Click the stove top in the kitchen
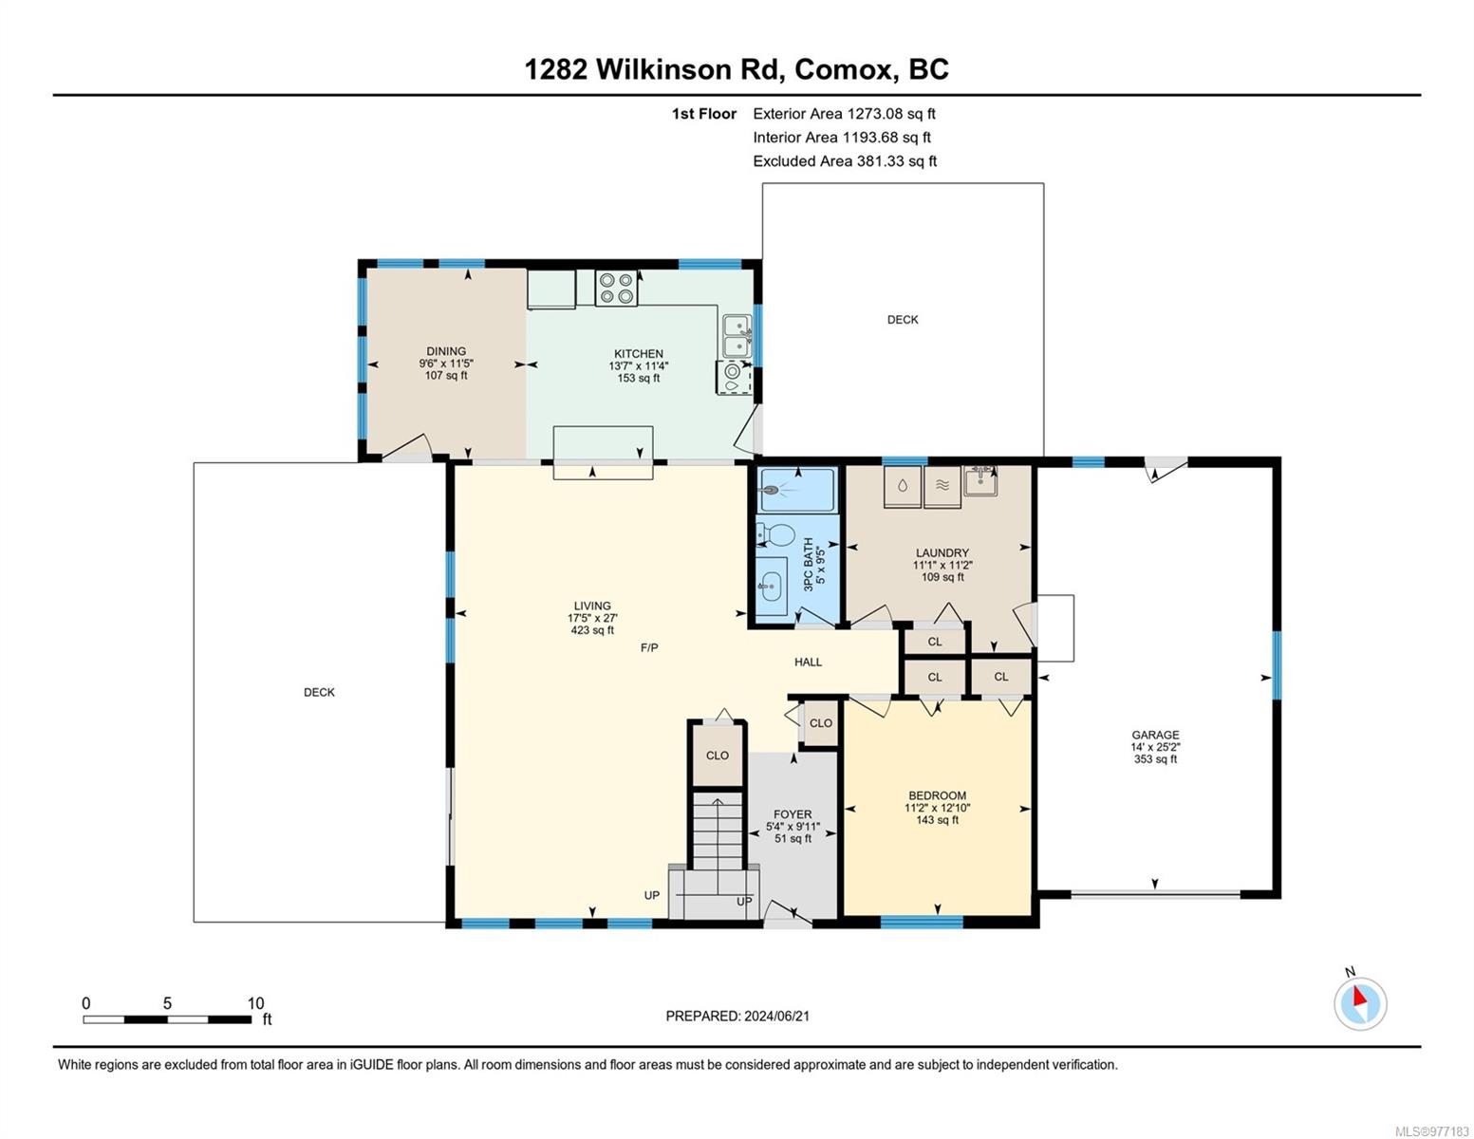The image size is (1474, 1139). [617, 288]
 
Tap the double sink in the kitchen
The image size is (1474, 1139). [737, 336]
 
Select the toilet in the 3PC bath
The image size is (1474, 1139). [775, 534]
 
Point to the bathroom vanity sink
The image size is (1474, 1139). [772, 587]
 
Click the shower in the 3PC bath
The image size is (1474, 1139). [796, 489]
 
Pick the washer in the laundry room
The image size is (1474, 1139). [903, 486]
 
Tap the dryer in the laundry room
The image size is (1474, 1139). [942, 486]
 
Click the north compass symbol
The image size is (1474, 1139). [1359, 1003]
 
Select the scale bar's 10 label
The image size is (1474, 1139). [255, 1002]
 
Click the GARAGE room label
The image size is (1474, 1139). [1155, 735]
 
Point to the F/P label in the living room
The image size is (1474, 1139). [649, 648]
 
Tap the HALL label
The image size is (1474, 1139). [808, 663]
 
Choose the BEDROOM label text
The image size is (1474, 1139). [938, 795]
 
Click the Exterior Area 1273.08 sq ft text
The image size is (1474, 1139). [844, 114]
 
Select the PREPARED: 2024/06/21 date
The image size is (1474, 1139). [737, 1017]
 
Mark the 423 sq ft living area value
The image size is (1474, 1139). [592, 630]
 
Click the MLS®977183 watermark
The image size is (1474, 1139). [1432, 1131]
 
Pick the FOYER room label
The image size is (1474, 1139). [793, 814]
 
